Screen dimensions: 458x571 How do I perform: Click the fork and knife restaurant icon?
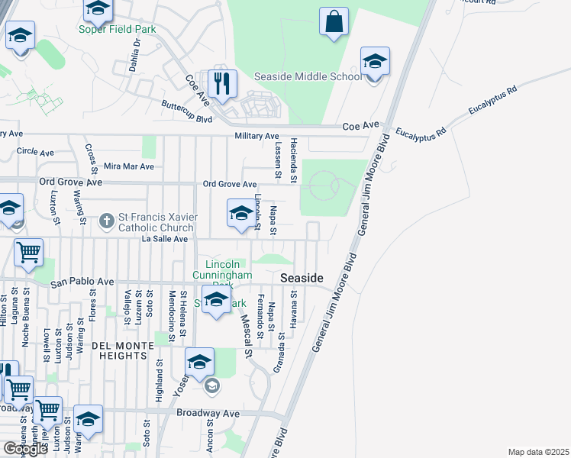pyautogui.click(x=222, y=85)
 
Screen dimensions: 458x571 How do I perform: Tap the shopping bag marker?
pyautogui.click(x=334, y=21)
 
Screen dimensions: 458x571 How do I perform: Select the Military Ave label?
pyautogui.click(x=256, y=136)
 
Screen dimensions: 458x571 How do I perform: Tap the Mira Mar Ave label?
pyautogui.click(x=128, y=166)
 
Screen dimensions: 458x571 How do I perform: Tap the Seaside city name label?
pyautogui.click(x=302, y=279)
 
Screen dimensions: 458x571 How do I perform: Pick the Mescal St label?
pyautogui.click(x=246, y=337)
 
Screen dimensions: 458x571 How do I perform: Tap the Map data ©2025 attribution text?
pyautogui.click(x=538, y=452)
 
